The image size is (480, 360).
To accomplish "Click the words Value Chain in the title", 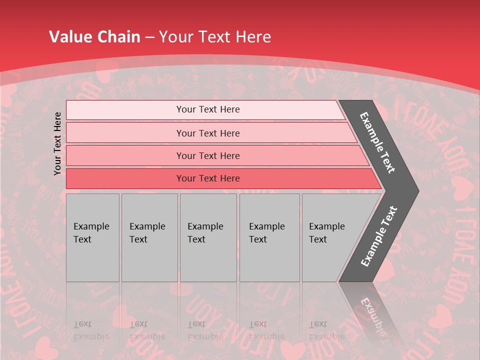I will tap(94, 37).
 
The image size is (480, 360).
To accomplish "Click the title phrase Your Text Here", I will tap(215, 37).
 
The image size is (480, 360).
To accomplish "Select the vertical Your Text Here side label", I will tap(57, 143).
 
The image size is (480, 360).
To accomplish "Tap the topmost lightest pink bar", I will tap(207, 109).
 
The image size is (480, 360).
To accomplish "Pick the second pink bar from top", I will tap(207, 133).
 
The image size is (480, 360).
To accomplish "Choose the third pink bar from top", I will tap(207, 155).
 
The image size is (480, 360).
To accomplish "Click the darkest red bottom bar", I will tap(207, 178).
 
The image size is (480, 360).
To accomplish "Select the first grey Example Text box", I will tap(92, 237).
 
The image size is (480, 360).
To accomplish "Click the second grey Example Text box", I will tap(149, 237).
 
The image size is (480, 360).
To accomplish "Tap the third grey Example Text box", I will tap(207, 237).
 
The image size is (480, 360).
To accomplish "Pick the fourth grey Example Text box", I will tap(269, 237).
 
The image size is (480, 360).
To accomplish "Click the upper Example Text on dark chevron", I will tap(377, 142).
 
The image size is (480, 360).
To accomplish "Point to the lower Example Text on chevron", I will tap(379, 236).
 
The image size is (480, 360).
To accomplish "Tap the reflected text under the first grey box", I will tap(91, 330).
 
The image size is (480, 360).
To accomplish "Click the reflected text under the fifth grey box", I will tap(326, 330).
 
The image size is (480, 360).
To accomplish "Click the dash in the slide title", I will tap(149, 37).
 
